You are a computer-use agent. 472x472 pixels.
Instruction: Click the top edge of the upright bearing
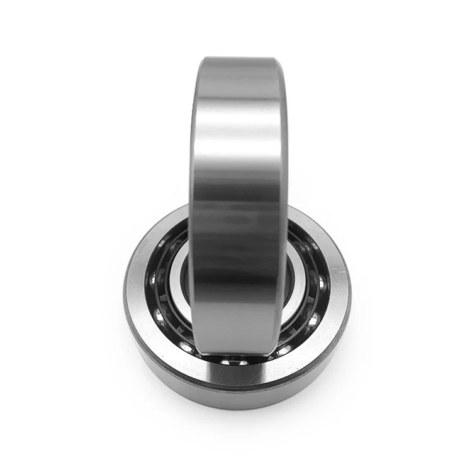click(x=236, y=59)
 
